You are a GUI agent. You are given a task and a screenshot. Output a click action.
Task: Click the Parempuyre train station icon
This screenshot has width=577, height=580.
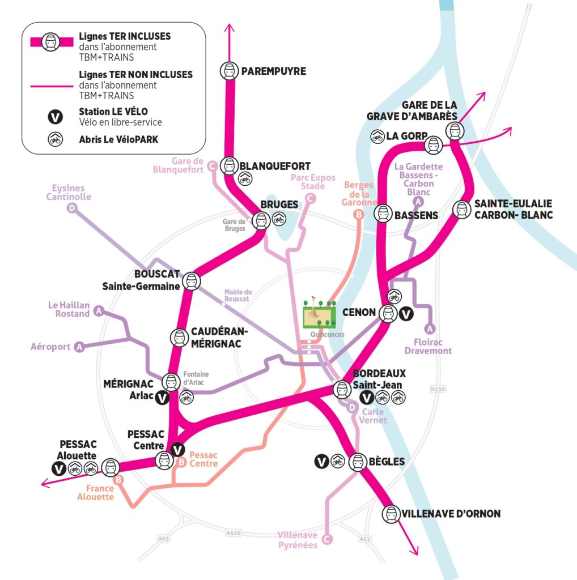point(229,71)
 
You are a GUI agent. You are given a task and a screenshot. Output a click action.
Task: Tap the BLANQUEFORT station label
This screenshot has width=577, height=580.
point(275,166)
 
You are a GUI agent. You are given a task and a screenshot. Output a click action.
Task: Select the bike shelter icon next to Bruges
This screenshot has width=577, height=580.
point(279,219)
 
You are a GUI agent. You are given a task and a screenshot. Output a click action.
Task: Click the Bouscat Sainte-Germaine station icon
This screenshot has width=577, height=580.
point(192,281)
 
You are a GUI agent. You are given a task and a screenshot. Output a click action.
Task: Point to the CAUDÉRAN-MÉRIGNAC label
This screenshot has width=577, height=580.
point(219,338)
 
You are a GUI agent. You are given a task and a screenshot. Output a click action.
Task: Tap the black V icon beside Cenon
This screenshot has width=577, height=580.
point(406,314)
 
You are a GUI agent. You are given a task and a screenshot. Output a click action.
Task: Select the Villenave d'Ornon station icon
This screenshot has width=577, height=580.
point(391,514)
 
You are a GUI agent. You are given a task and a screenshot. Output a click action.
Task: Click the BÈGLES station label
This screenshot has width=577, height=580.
point(387,462)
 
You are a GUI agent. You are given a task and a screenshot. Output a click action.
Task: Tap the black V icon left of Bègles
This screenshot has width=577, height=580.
point(321,461)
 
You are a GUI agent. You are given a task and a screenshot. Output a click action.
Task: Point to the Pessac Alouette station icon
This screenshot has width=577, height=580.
point(111,467)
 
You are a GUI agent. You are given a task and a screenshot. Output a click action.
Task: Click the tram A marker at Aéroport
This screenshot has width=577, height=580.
point(79,347)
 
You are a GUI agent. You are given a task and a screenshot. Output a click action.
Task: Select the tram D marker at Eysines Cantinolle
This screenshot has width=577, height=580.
point(72,208)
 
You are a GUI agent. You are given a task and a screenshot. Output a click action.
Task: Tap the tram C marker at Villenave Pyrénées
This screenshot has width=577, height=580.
point(327,539)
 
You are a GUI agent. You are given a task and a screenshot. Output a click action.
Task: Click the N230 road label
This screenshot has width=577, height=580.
point(438,389)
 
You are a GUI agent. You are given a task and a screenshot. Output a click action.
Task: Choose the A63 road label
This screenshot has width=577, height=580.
point(164,539)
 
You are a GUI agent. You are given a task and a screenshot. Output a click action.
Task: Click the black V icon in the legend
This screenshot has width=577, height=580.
point(55,117)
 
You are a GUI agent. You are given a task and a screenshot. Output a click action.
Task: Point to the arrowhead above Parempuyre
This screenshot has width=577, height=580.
point(229,28)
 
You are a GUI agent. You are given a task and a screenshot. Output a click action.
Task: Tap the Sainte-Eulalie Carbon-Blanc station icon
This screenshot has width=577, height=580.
point(461,210)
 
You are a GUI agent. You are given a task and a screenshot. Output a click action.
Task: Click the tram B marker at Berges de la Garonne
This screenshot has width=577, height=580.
point(358,215)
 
